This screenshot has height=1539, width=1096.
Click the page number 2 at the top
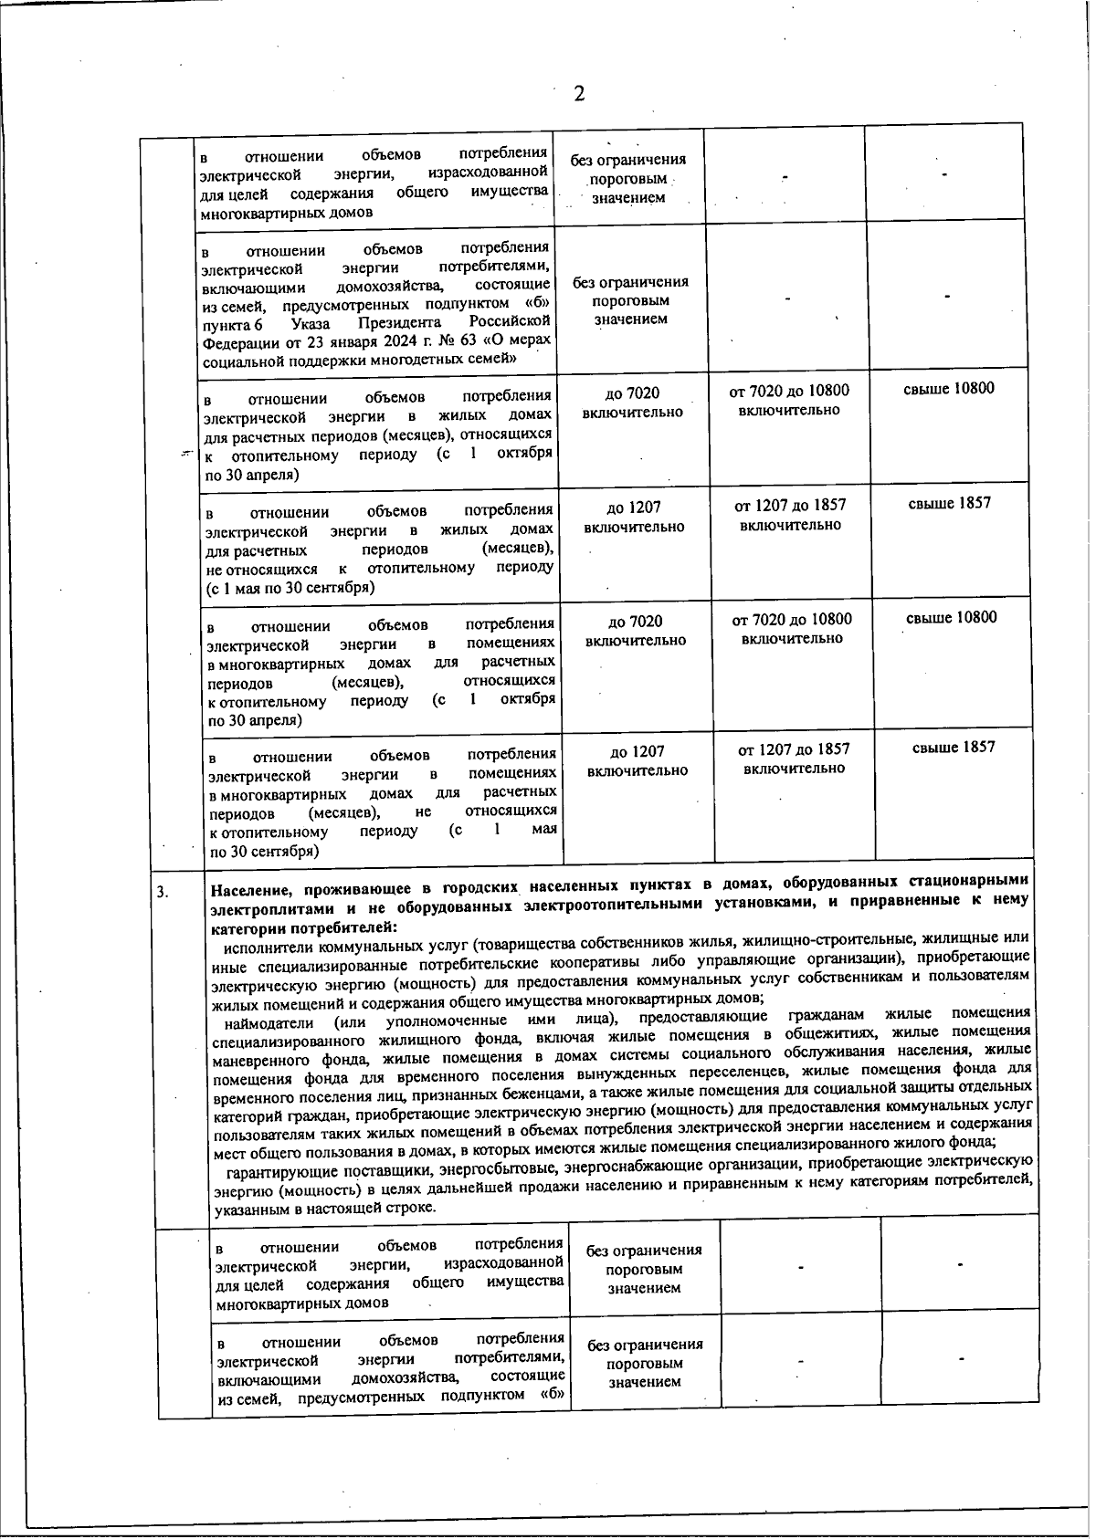click(578, 93)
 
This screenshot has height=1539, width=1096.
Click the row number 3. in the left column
click(162, 892)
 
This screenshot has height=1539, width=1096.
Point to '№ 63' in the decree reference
click(421, 341)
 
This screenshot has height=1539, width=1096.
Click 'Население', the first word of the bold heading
click(252, 885)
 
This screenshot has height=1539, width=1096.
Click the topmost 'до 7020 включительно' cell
click(632, 402)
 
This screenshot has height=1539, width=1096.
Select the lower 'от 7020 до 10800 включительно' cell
click(792, 628)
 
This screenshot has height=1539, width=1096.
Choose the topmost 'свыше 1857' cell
click(949, 503)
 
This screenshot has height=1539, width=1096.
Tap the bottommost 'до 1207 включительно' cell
click(637, 760)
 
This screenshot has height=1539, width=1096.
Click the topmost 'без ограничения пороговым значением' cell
click(627, 178)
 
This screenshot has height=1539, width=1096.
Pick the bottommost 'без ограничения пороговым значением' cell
click(645, 1363)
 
